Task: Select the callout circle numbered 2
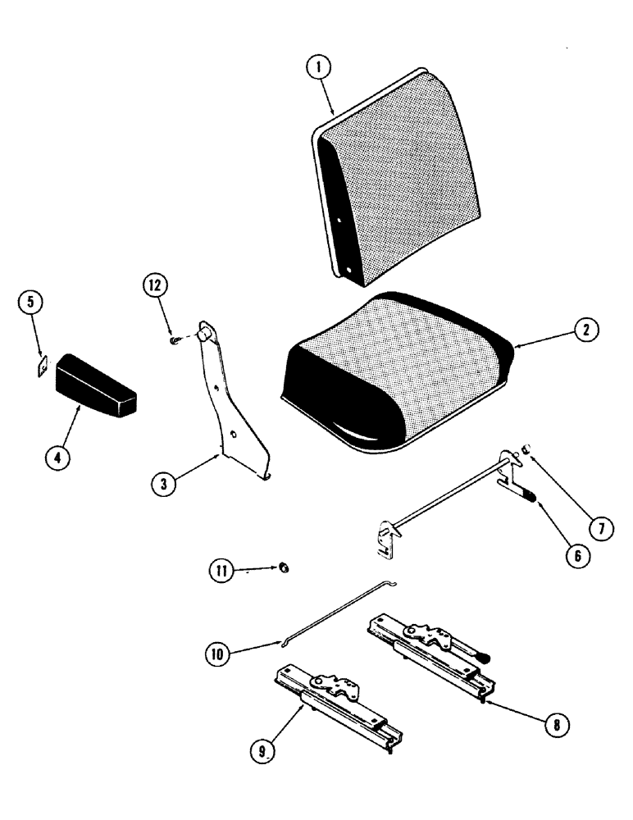pos(586,331)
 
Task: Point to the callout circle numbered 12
pos(155,286)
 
